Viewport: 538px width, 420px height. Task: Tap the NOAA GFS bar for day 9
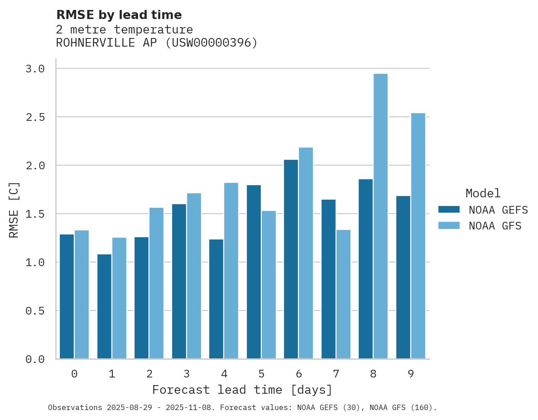(x=418, y=236)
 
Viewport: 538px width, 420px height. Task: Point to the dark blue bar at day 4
(x=216, y=299)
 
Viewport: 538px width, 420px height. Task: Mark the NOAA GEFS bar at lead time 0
(x=67, y=296)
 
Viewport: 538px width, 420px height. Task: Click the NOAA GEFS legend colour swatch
(x=449, y=210)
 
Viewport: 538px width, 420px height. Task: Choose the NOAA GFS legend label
(x=495, y=226)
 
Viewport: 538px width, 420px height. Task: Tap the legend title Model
(x=483, y=193)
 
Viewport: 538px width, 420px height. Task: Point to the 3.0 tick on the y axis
(x=35, y=69)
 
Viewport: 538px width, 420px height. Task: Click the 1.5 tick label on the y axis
(x=35, y=214)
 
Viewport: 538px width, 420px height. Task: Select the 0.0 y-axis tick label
(x=35, y=359)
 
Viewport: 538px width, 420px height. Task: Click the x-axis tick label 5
(x=261, y=374)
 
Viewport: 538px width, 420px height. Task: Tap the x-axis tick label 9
(x=411, y=374)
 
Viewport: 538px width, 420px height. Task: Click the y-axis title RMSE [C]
(x=14, y=210)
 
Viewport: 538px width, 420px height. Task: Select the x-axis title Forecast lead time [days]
(x=242, y=390)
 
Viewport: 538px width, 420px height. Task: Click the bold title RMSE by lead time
(x=119, y=15)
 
